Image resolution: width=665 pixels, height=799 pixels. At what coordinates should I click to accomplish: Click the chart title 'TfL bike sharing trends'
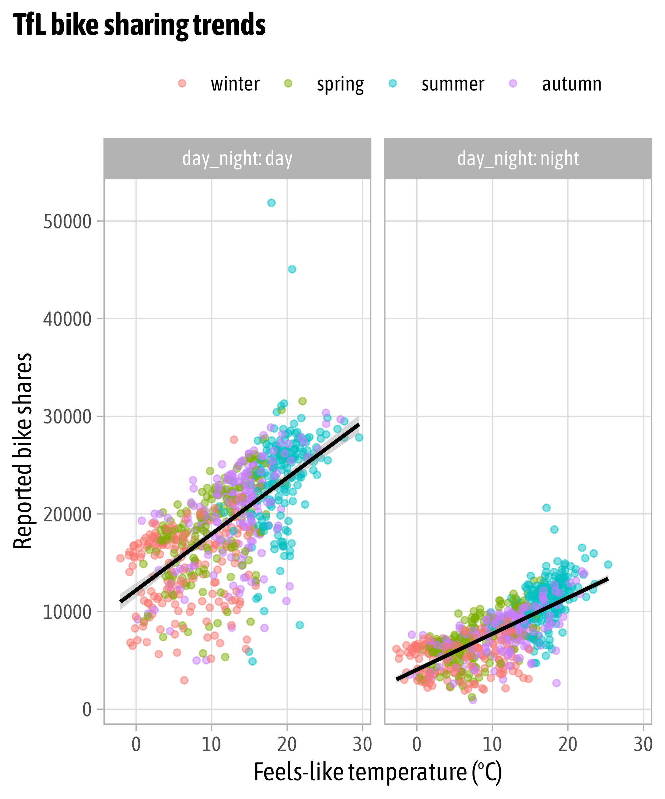[139, 25]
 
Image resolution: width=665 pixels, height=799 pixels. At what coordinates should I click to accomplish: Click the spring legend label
[340, 84]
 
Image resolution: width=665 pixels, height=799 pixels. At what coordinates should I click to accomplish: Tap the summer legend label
[453, 84]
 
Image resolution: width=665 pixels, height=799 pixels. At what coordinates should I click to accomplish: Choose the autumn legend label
[572, 84]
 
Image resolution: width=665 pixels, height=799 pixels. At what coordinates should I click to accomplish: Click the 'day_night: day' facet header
[237, 158]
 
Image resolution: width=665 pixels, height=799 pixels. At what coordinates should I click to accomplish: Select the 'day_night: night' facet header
[518, 158]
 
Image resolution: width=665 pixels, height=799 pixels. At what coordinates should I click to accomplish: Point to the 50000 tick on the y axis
[67, 221]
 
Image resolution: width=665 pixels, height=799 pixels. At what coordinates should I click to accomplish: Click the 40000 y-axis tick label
[67, 319]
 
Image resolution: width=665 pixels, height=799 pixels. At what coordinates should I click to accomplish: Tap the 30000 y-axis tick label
[67, 416]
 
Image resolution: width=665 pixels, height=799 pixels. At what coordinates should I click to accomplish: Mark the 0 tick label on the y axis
[87, 709]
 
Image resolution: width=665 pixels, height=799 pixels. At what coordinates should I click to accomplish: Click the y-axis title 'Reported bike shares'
[23, 450]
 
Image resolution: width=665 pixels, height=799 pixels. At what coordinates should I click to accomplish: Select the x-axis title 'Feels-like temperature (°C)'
[378, 772]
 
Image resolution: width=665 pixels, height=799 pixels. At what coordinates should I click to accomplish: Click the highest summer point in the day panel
[271, 203]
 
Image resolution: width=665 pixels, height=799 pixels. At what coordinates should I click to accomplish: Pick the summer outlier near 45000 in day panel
[292, 269]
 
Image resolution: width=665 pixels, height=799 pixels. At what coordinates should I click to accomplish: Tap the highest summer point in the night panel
[546, 508]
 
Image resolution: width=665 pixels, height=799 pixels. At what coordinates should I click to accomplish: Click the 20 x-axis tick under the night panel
[568, 745]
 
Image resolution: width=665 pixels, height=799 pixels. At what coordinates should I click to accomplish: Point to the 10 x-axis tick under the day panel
[211, 745]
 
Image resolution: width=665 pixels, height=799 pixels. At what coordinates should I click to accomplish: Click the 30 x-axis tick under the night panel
[643, 745]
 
